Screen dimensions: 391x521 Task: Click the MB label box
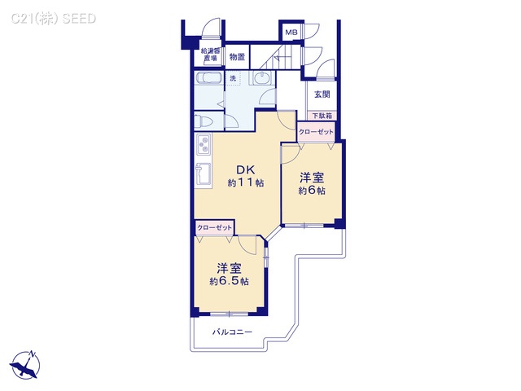(x=291, y=32)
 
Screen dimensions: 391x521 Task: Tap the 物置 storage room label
(x=236, y=57)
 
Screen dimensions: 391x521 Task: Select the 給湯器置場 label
(x=210, y=55)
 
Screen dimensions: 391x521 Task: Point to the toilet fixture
(x=205, y=121)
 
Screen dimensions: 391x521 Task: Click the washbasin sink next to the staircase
(x=263, y=79)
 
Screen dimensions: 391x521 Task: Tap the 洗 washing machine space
(x=233, y=78)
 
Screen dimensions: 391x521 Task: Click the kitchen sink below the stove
(x=201, y=176)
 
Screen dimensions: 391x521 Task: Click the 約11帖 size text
(x=245, y=184)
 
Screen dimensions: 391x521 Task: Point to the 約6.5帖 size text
(x=228, y=281)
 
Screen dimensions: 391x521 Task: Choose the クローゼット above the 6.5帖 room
(x=215, y=227)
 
